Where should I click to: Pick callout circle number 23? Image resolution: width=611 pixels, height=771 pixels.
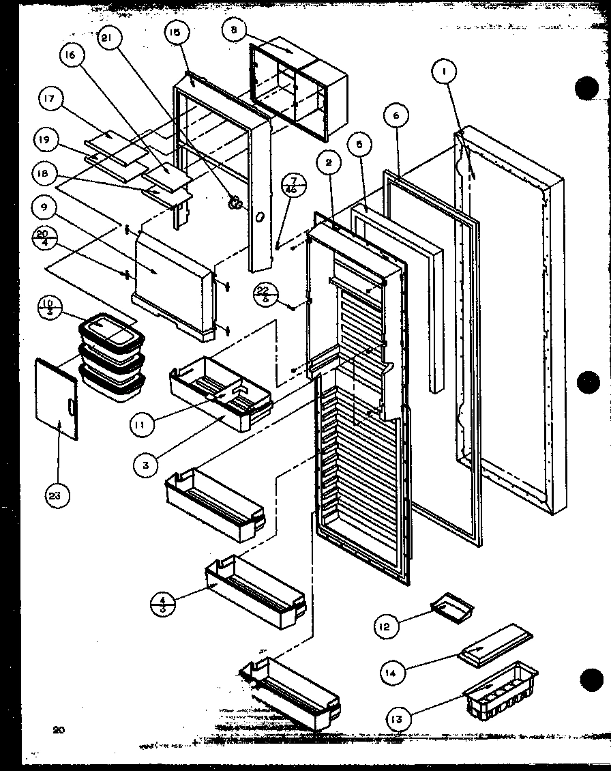(x=58, y=497)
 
